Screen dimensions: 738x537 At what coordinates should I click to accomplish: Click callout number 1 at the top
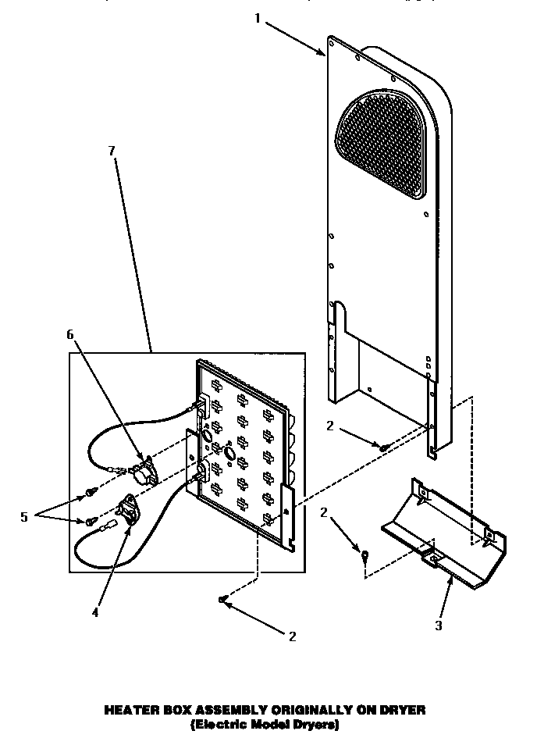point(258,18)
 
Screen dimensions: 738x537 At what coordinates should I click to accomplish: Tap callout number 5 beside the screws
point(23,516)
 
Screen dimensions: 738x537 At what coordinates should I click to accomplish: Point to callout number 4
point(95,613)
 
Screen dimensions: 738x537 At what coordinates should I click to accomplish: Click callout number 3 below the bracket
point(439,625)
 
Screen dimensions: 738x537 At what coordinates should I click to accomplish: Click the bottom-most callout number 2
point(293,636)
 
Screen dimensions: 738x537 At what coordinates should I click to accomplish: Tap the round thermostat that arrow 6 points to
point(144,472)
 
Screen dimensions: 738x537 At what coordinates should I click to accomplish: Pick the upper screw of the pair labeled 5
point(87,493)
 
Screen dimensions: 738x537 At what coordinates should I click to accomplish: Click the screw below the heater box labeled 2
point(223,599)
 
